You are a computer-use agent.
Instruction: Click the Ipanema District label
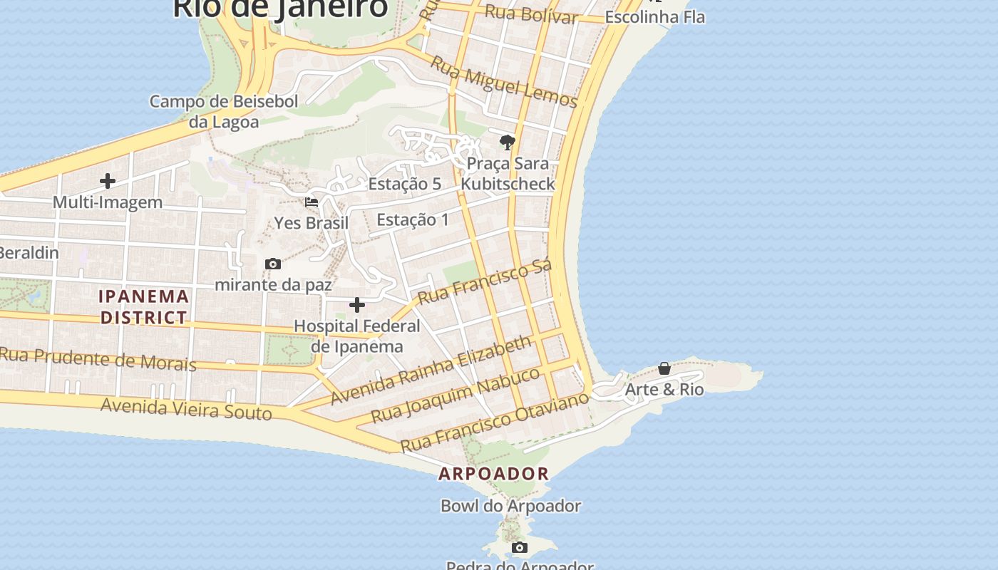coord(144,306)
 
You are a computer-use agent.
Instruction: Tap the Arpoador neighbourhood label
coord(493,473)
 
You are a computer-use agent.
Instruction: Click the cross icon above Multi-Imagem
coord(108,181)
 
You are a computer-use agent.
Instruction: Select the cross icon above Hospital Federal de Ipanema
coord(357,306)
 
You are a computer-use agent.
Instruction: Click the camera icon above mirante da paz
coord(272,264)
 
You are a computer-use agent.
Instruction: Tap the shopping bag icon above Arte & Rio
coord(664,368)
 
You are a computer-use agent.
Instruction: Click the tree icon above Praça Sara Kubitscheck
coord(508,142)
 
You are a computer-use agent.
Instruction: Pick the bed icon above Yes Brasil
coord(312,202)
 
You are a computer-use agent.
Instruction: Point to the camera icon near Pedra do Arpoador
coord(520,547)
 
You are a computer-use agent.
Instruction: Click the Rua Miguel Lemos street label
coord(503,82)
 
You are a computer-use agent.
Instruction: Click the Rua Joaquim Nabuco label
coord(456,395)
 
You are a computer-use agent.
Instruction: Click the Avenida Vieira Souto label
coord(186,409)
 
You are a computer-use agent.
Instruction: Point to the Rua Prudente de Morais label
coord(98,358)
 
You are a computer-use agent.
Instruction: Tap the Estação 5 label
coord(405,184)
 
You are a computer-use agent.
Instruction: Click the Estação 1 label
coord(413,219)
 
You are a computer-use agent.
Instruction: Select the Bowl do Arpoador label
coord(510,506)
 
